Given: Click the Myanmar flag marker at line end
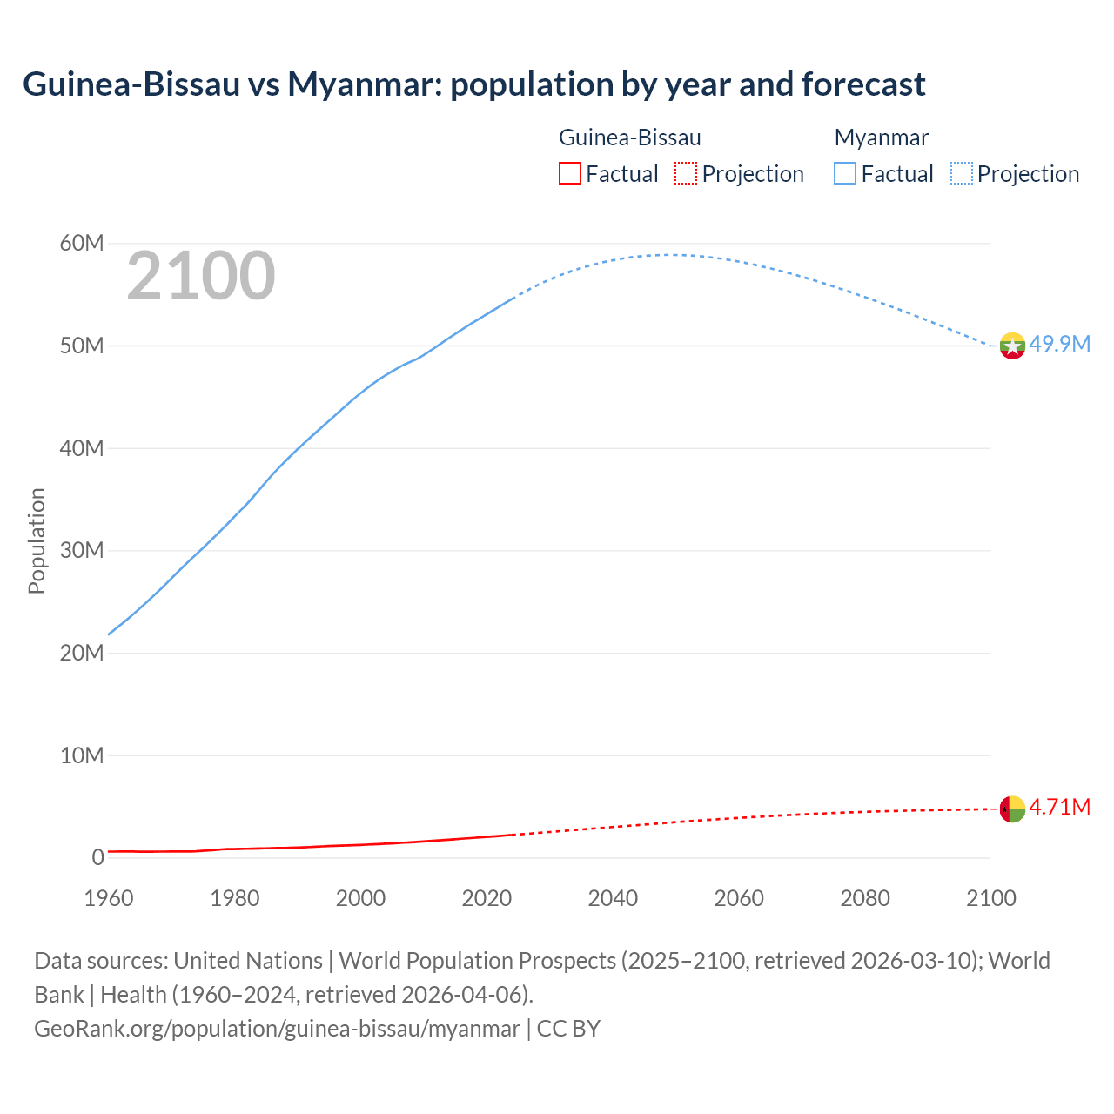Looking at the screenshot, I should (x=1011, y=346).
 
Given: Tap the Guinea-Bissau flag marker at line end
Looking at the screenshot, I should (x=1011, y=809).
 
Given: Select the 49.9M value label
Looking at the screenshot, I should (x=1059, y=344).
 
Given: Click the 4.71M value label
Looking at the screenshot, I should (x=1059, y=807).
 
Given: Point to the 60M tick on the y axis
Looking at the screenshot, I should (x=82, y=243).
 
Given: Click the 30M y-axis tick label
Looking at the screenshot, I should (x=82, y=550).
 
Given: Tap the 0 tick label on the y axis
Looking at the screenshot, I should (x=97, y=857).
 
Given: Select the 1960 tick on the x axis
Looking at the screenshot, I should (x=109, y=897).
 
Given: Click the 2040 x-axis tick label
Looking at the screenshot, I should (x=613, y=897).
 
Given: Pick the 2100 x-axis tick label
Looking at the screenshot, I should (x=990, y=897).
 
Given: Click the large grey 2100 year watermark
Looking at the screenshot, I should (x=201, y=276).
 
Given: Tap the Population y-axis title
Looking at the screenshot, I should (x=37, y=540).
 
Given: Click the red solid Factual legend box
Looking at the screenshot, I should (x=569, y=173).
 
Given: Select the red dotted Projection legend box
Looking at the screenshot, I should (x=686, y=173).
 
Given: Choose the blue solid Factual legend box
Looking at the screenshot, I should (x=844, y=173).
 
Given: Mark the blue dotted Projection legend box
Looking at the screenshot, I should (x=962, y=173).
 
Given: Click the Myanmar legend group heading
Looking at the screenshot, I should (x=881, y=138).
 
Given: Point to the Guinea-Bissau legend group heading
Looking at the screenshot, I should (x=629, y=138).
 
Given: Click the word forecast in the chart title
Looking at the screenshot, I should (x=863, y=84).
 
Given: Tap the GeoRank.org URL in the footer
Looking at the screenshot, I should (x=277, y=1028).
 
